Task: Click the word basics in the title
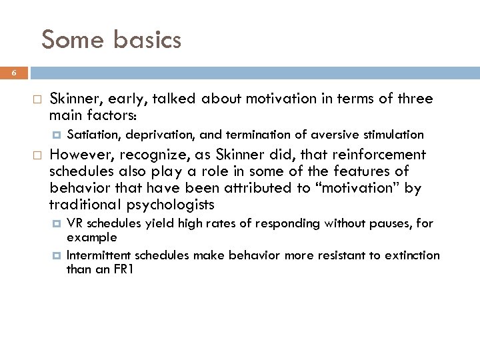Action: point(147,40)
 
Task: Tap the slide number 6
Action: point(13,73)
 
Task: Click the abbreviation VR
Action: point(75,224)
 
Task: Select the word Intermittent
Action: point(99,255)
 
